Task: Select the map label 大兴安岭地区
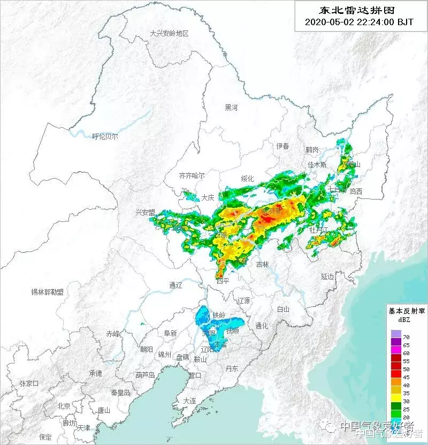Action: (169, 33)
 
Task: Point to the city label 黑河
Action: (231, 108)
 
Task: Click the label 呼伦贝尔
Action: (105, 136)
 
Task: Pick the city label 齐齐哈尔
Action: (192, 175)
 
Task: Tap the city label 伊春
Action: (282, 146)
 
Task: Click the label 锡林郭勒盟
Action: (47, 292)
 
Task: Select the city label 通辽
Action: (175, 285)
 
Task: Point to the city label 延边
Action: (327, 277)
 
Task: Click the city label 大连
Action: (189, 401)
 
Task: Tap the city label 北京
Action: (64, 406)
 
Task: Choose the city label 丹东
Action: (232, 368)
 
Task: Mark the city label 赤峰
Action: (113, 333)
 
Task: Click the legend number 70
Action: (406, 337)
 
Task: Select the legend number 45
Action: (406, 377)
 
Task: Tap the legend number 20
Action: (406, 417)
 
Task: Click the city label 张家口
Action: (29, 383)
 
